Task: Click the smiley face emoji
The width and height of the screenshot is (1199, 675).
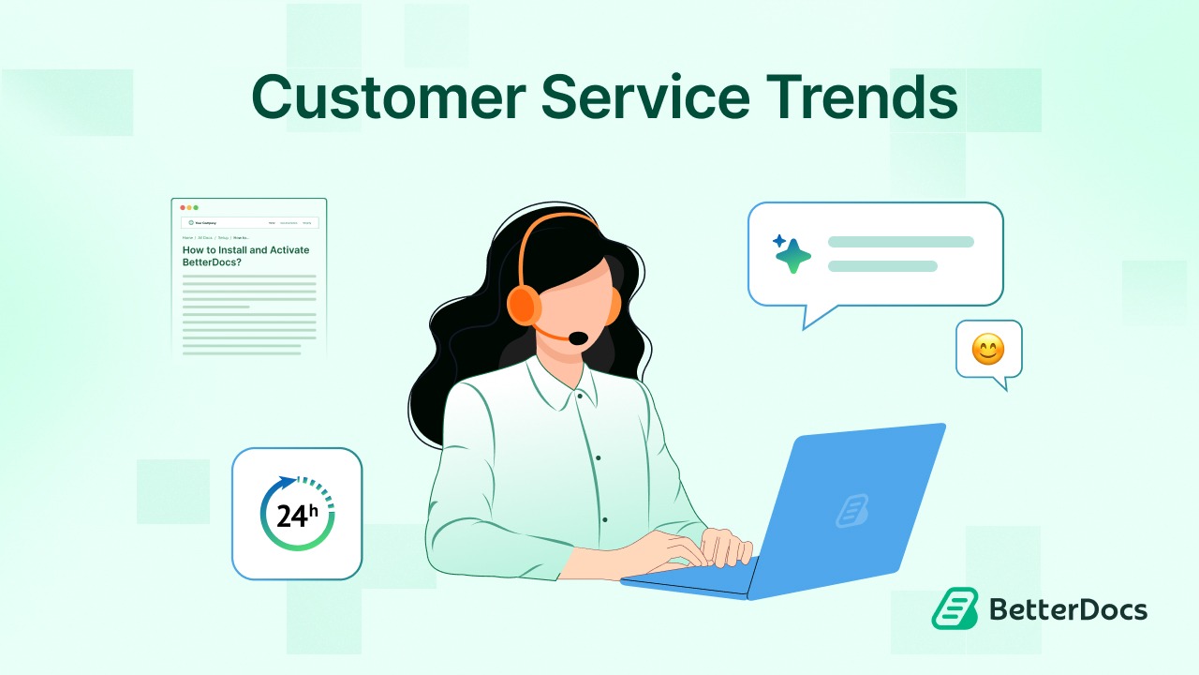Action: click(x=987, y=350)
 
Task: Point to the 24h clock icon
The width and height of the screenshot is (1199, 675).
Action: click(x=297, y=514)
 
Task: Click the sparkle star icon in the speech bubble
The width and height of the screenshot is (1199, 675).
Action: click(x=792, y=254)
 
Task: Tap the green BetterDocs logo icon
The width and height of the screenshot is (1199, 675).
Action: click(x=955, y=609)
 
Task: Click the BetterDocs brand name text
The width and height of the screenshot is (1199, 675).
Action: click(x=1068, y=610)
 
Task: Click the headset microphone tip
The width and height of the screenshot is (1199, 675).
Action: click(x=579, y=337)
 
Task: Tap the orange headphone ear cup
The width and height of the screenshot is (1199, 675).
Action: click(x=524, y=305)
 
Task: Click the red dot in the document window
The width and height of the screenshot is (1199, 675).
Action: click(x=182, y=207)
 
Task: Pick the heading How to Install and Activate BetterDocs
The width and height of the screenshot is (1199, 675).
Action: click(x=245, y=256)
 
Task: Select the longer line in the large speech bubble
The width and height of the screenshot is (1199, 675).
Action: click(x=900, y=242)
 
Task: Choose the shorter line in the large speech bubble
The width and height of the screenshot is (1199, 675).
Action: click(x=882, y=266)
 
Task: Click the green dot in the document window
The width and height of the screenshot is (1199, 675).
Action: click(x=196, y=207)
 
